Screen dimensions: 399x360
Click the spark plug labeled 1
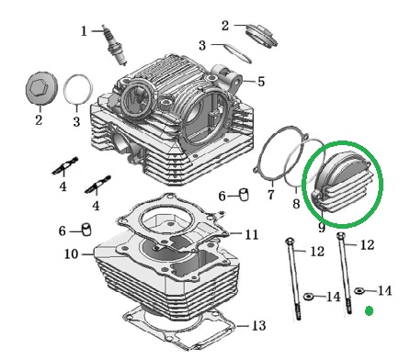(115, 45)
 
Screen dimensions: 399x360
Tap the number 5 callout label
(261, 82)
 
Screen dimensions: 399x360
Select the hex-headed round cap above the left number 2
(40, 88)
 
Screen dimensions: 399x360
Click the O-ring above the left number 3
(78, 89)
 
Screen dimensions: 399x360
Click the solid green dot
(370, 311)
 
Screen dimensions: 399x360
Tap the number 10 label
(71, 254)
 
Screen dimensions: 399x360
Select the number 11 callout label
(252, 234)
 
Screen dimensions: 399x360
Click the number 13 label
(258, 325)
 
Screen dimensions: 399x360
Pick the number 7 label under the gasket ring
(271, 195)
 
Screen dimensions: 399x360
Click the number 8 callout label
(296, 203)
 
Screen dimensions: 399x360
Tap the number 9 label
(322, 227)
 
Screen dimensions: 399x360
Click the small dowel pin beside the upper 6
(244, 195)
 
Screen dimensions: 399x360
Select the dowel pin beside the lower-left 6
(86, 230)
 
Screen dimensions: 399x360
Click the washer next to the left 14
(308, 296)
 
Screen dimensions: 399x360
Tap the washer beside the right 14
(359, 290)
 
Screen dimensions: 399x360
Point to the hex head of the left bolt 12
(290, 242)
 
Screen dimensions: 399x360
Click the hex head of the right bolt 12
(341, 235)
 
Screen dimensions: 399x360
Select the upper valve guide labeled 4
(65, 166)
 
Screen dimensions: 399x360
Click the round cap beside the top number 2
(262, 35)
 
